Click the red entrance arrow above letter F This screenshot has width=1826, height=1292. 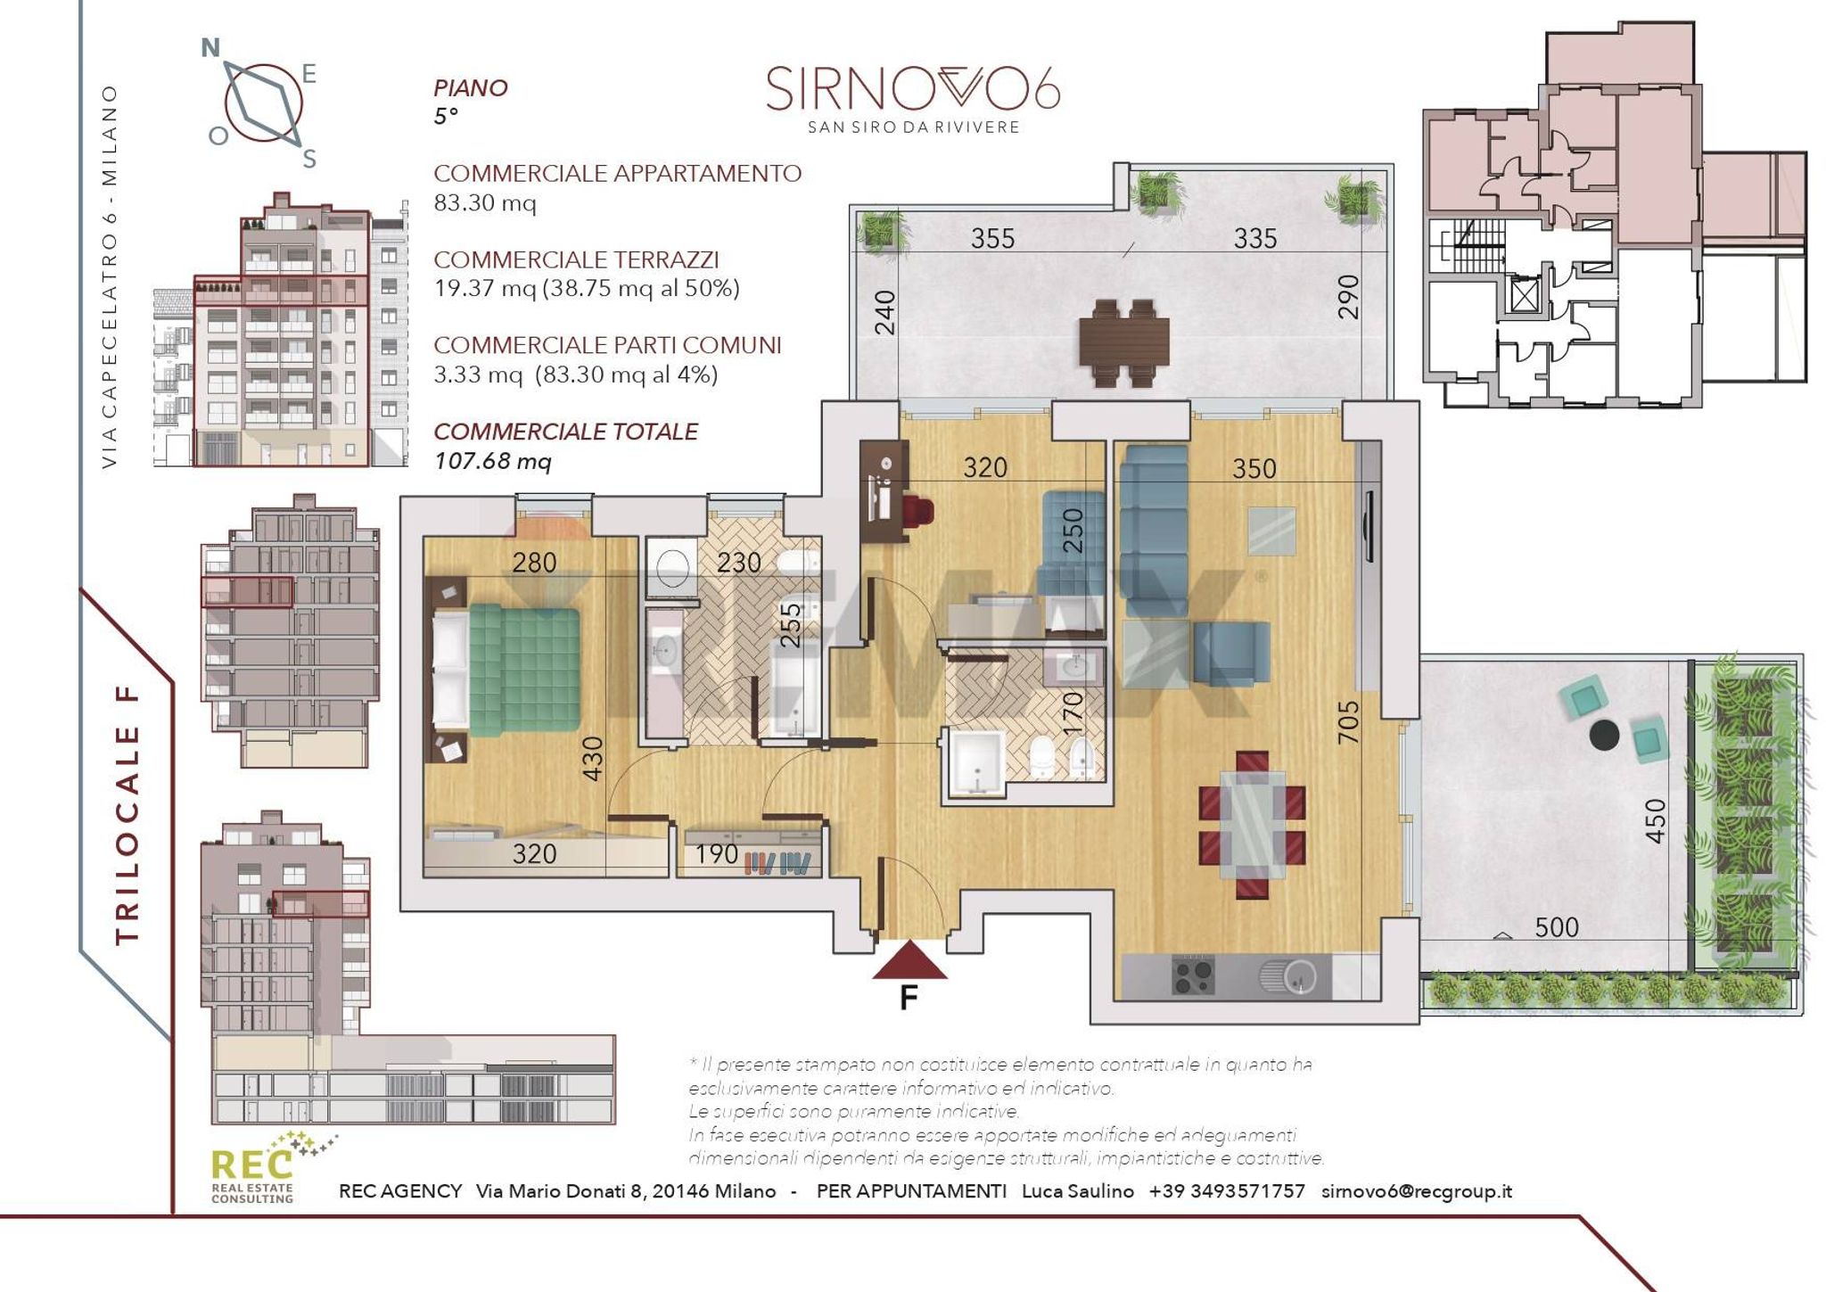(909, 960)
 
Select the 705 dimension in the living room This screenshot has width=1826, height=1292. (1348, 722)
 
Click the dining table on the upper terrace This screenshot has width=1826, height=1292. (1123, 343)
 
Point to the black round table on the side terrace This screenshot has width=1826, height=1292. (1605, 736)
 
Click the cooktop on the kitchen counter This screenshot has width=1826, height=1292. (1193, 976)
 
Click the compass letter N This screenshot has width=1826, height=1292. (210, 47)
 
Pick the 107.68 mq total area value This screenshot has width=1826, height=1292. (493, 462)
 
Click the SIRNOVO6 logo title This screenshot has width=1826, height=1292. (913, 89)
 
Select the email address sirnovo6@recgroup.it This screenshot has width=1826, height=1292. (1417, 1191)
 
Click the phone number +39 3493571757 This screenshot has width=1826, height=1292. (1227, 1191)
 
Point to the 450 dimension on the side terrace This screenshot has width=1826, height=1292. (1655, 820)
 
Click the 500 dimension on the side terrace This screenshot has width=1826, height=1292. (1557, 927)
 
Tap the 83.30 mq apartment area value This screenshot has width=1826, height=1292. (485, 203)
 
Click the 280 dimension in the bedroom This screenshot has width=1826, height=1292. (534, 563)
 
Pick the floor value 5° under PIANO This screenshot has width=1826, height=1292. (446, 117)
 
